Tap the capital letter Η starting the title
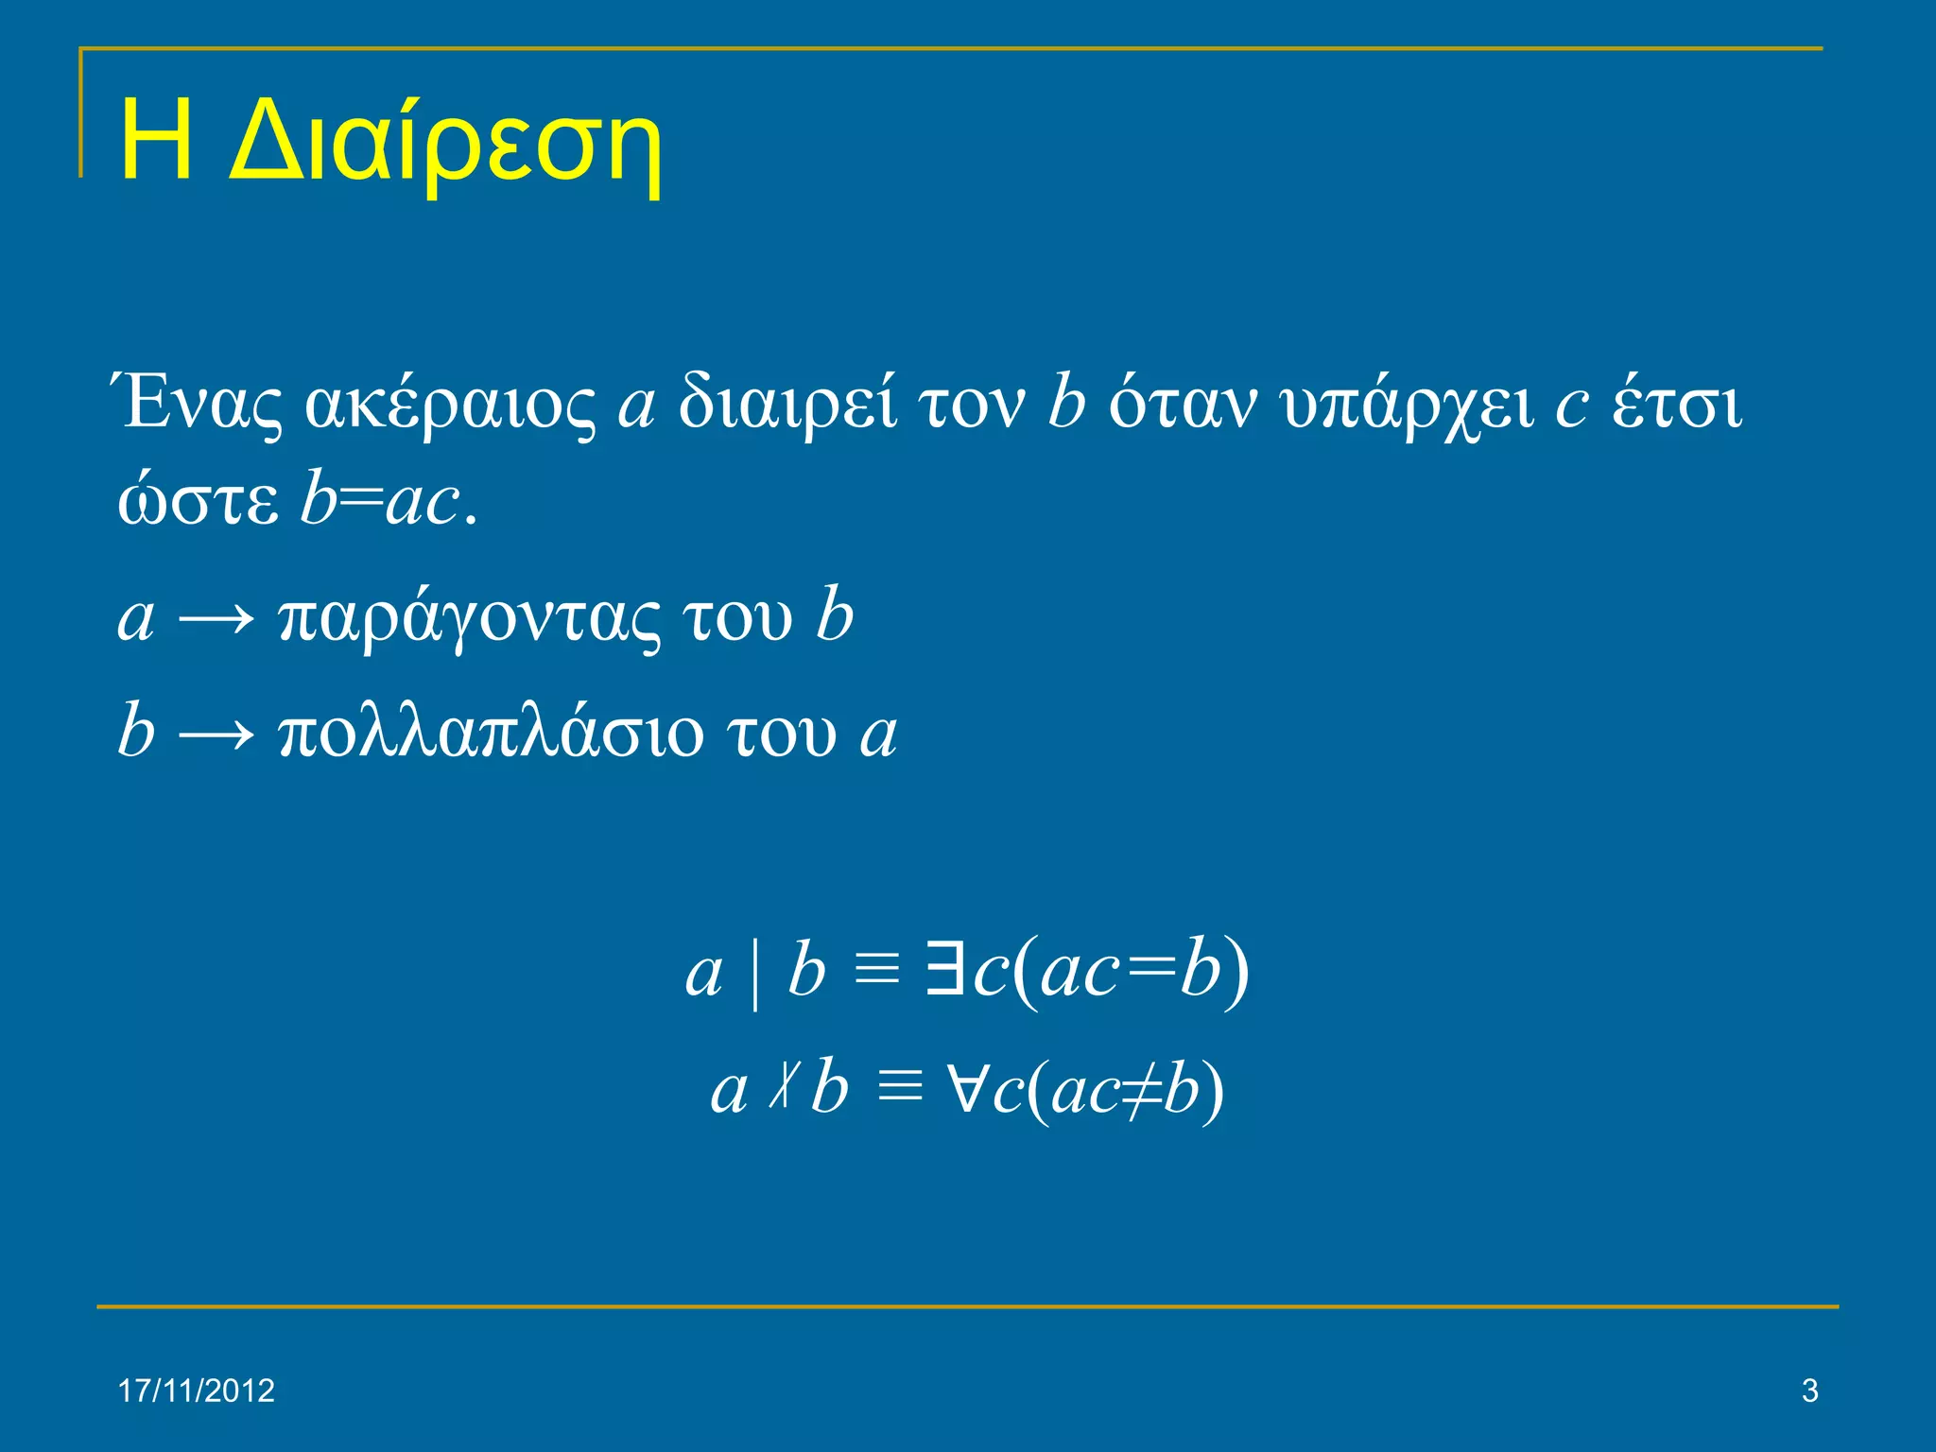[157, 142]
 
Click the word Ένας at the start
[199, 404]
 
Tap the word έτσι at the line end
[1676, 404]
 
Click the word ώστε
[198, 502]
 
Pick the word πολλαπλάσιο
[492, 733]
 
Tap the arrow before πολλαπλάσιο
[216, 734]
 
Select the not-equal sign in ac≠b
[1141, 1089]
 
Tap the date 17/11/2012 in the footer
[196, 1391]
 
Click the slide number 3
[1809, 1391]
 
